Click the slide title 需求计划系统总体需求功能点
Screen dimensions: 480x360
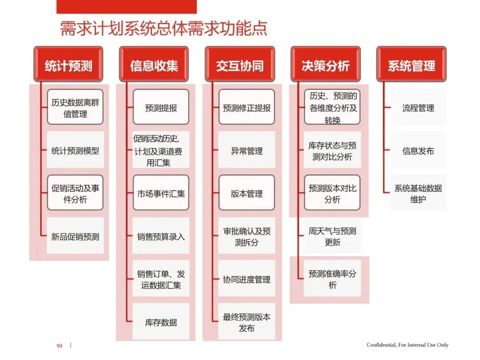point(164,28)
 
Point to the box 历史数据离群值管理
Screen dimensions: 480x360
point(75,108)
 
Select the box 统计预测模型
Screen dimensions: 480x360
point(75,150)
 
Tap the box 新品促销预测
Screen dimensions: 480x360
point(75,236)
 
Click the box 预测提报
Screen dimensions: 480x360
point(161,108)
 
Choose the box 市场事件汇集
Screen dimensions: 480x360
point(161,193)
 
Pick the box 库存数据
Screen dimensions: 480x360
point(161,322)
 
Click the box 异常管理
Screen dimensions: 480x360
point(247,150)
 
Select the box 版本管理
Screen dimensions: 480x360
point(247,193)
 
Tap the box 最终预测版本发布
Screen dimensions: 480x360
point(247,322)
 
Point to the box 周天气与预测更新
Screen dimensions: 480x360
point(332,236)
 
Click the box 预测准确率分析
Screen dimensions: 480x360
point(332,279)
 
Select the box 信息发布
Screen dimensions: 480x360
point(418,150)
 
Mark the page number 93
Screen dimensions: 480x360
point(59,345)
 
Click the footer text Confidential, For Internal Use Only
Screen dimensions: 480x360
point(407,345)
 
